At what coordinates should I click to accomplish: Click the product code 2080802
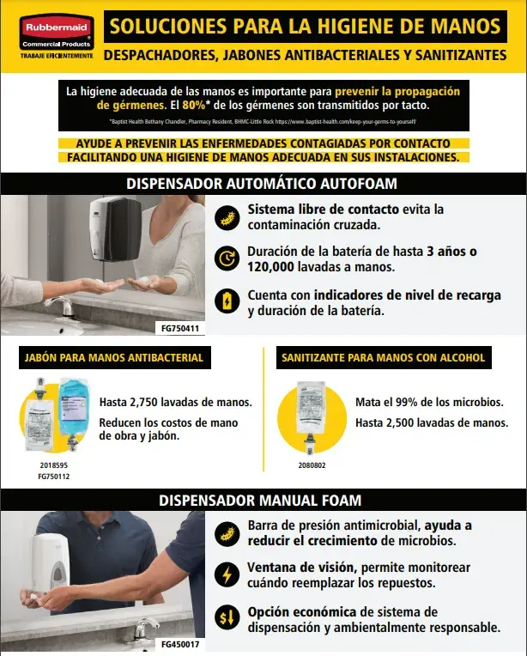[312, 465]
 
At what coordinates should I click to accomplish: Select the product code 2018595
[55, 465]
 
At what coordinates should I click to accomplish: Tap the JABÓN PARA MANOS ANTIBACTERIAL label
[114, 357]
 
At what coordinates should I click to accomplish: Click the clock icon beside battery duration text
[226, 258]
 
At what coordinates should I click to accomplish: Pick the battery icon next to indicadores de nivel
[226, 301]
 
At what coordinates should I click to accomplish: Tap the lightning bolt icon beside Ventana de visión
[226, 574]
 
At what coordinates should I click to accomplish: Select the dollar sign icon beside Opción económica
[226, 618]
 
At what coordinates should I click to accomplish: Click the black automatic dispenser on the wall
[114, 229]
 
